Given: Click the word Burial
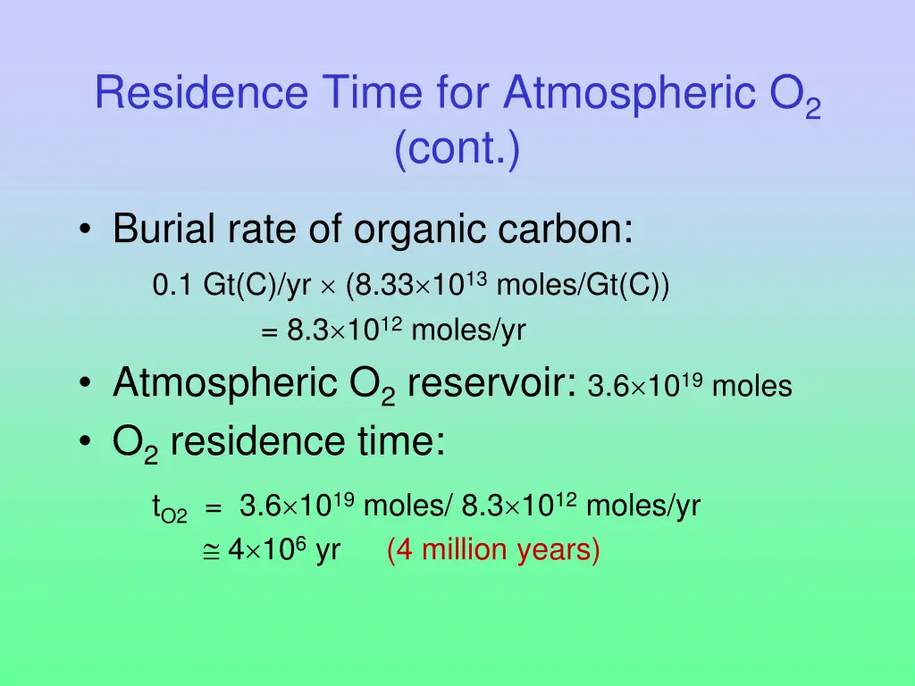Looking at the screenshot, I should click(x=163, y=230).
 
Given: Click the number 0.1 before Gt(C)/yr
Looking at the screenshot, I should click(x=171, y=286).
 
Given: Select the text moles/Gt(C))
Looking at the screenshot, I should click(x=582, y=286).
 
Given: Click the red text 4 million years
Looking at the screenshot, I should click(x=493, y=550).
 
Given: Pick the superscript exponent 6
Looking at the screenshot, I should click(x=303, y=541).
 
